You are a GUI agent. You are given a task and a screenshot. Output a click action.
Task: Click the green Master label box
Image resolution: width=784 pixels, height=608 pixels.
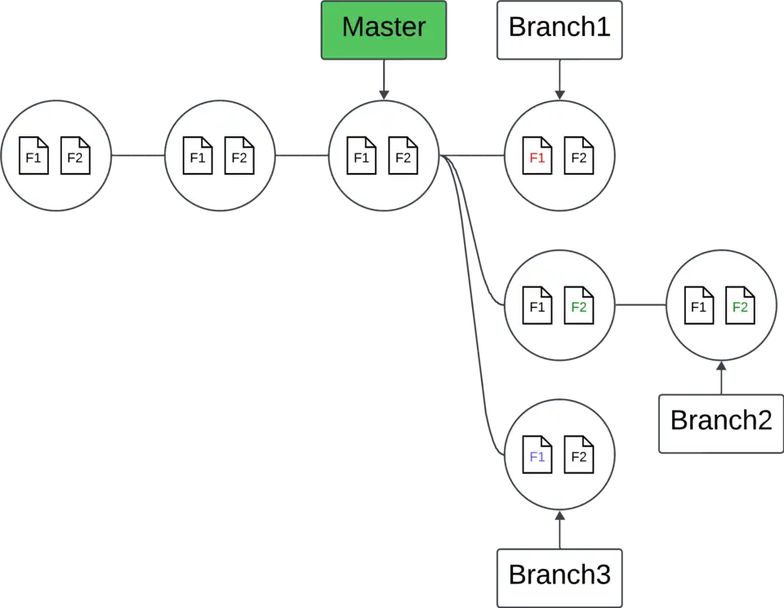pyautogui.click(x=384, y=29)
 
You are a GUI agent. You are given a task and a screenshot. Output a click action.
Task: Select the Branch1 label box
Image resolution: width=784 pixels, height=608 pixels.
pyautogui.click(x=559, y=29)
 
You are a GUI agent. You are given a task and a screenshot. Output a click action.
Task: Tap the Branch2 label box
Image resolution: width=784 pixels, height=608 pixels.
pyautogui.click(x=720, y=422)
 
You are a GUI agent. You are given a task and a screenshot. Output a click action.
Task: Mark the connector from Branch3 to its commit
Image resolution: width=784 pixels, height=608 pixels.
pyautogui.click(x=559, y=530)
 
